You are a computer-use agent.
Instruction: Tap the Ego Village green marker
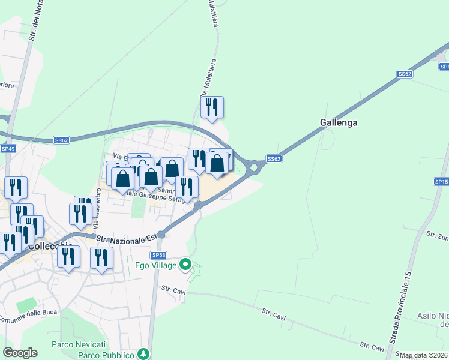coord(185,263)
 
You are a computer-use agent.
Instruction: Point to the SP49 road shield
coord(8,148)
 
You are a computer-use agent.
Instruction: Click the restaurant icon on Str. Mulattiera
coord(212,107)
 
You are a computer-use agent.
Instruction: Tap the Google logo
coord(20,353)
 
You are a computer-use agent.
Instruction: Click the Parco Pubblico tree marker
coord(143,353)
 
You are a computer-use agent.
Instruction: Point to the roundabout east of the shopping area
coord(253,168)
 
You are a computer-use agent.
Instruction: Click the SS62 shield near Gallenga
coord(405,74)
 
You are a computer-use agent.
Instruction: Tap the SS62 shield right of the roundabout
coord(274,159)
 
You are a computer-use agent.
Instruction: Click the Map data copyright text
coord(424,355)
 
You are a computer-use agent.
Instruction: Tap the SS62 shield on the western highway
coord(61,140)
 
